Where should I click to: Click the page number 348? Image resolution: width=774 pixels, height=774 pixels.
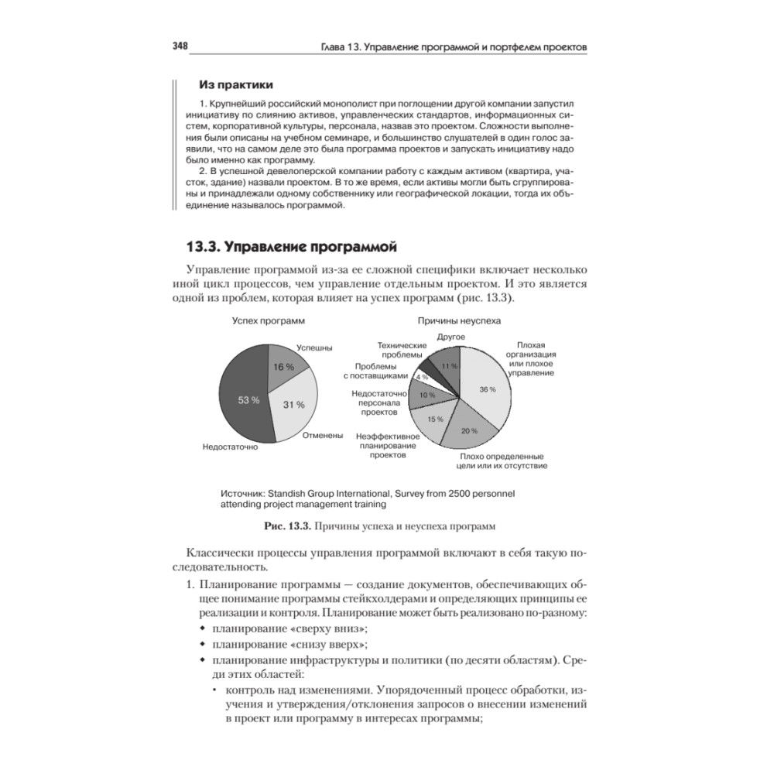coord(180,46)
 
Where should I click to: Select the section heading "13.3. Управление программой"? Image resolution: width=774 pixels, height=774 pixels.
coord(291,248)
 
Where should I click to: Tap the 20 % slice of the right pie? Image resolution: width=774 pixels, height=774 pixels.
coord(466,428)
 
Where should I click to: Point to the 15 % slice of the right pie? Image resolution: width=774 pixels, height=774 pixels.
coord(433,418)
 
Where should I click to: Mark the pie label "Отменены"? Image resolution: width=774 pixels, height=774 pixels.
coord(323,436)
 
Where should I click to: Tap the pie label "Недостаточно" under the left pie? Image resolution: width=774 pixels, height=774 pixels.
coord(230,447)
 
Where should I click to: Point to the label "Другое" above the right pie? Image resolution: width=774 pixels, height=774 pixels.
coord(450,336)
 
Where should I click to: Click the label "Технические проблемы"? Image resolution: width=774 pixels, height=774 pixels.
coord(402,350)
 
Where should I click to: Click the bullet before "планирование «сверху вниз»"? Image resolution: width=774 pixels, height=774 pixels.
coord(203,628)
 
